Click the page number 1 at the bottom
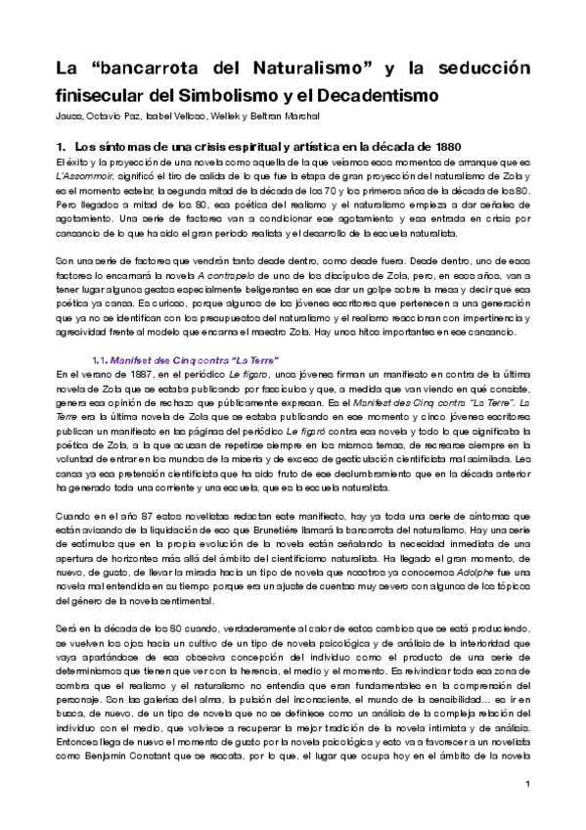point(526,784)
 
